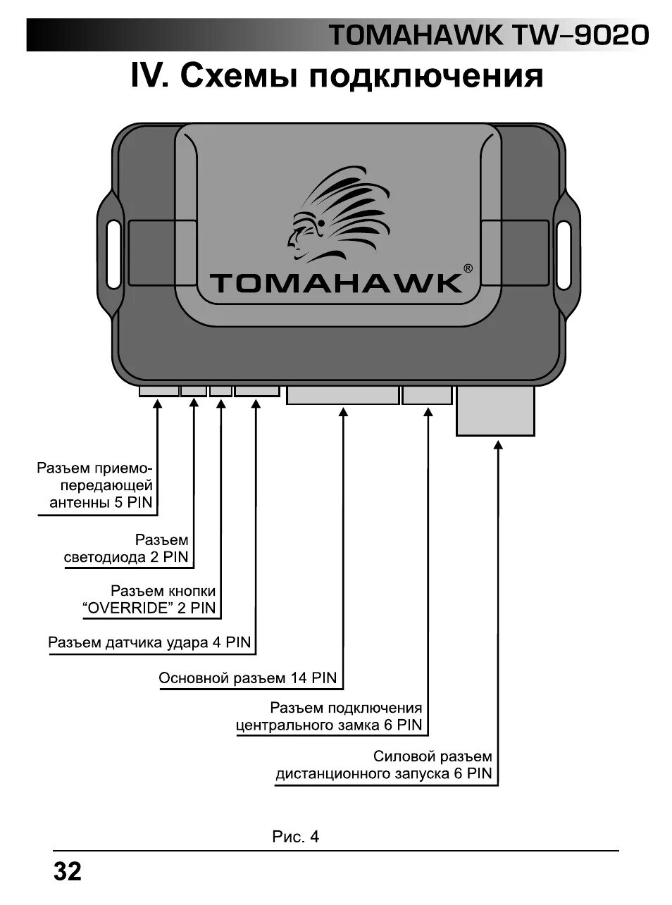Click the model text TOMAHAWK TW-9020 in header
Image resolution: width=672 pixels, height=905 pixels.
pos(488,35)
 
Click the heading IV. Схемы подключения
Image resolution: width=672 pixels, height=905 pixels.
pos(337,76)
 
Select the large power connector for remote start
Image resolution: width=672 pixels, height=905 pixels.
pos(495,410)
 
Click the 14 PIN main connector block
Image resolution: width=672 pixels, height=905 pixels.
pos(342,394)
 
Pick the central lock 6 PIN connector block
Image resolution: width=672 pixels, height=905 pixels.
pos(427,394)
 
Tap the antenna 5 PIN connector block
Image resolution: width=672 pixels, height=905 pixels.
pos(158,390)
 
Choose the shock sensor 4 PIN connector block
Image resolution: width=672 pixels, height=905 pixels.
pos(256,390)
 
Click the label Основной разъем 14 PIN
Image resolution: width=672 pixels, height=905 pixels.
pos(248,678)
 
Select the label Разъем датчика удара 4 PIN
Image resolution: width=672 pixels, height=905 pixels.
pos(149,642)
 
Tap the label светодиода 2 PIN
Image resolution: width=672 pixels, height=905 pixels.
pos(126,557)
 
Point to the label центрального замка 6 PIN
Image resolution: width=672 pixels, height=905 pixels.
pos(329,725)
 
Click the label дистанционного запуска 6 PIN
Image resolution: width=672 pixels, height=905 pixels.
pos(383,774)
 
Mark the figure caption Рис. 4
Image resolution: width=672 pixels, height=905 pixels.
pos(296,837)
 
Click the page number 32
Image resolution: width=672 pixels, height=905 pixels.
pos(68,872)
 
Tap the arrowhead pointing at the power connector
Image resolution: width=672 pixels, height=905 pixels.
pos(499,444)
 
